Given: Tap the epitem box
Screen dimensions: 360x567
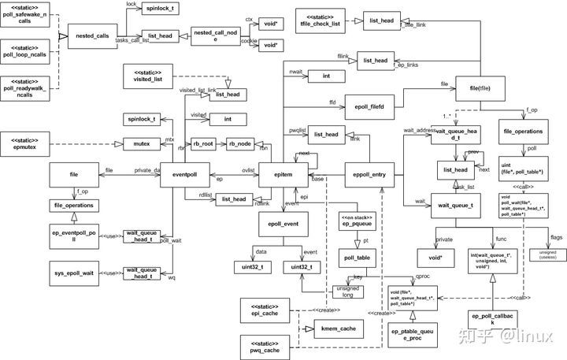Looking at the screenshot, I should point(284,171).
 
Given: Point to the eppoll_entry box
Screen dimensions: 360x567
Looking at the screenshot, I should point(371,171).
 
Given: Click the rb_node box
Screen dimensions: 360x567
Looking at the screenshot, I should point(243,144).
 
